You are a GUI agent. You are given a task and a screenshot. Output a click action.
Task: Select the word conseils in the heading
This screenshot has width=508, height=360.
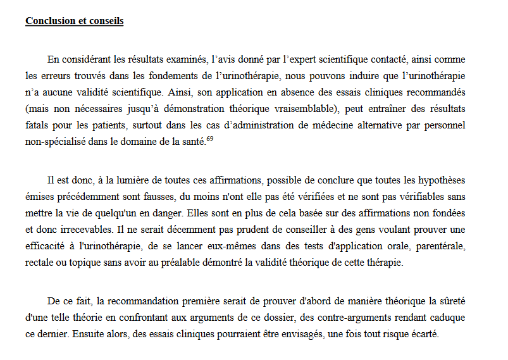(106, 21)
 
